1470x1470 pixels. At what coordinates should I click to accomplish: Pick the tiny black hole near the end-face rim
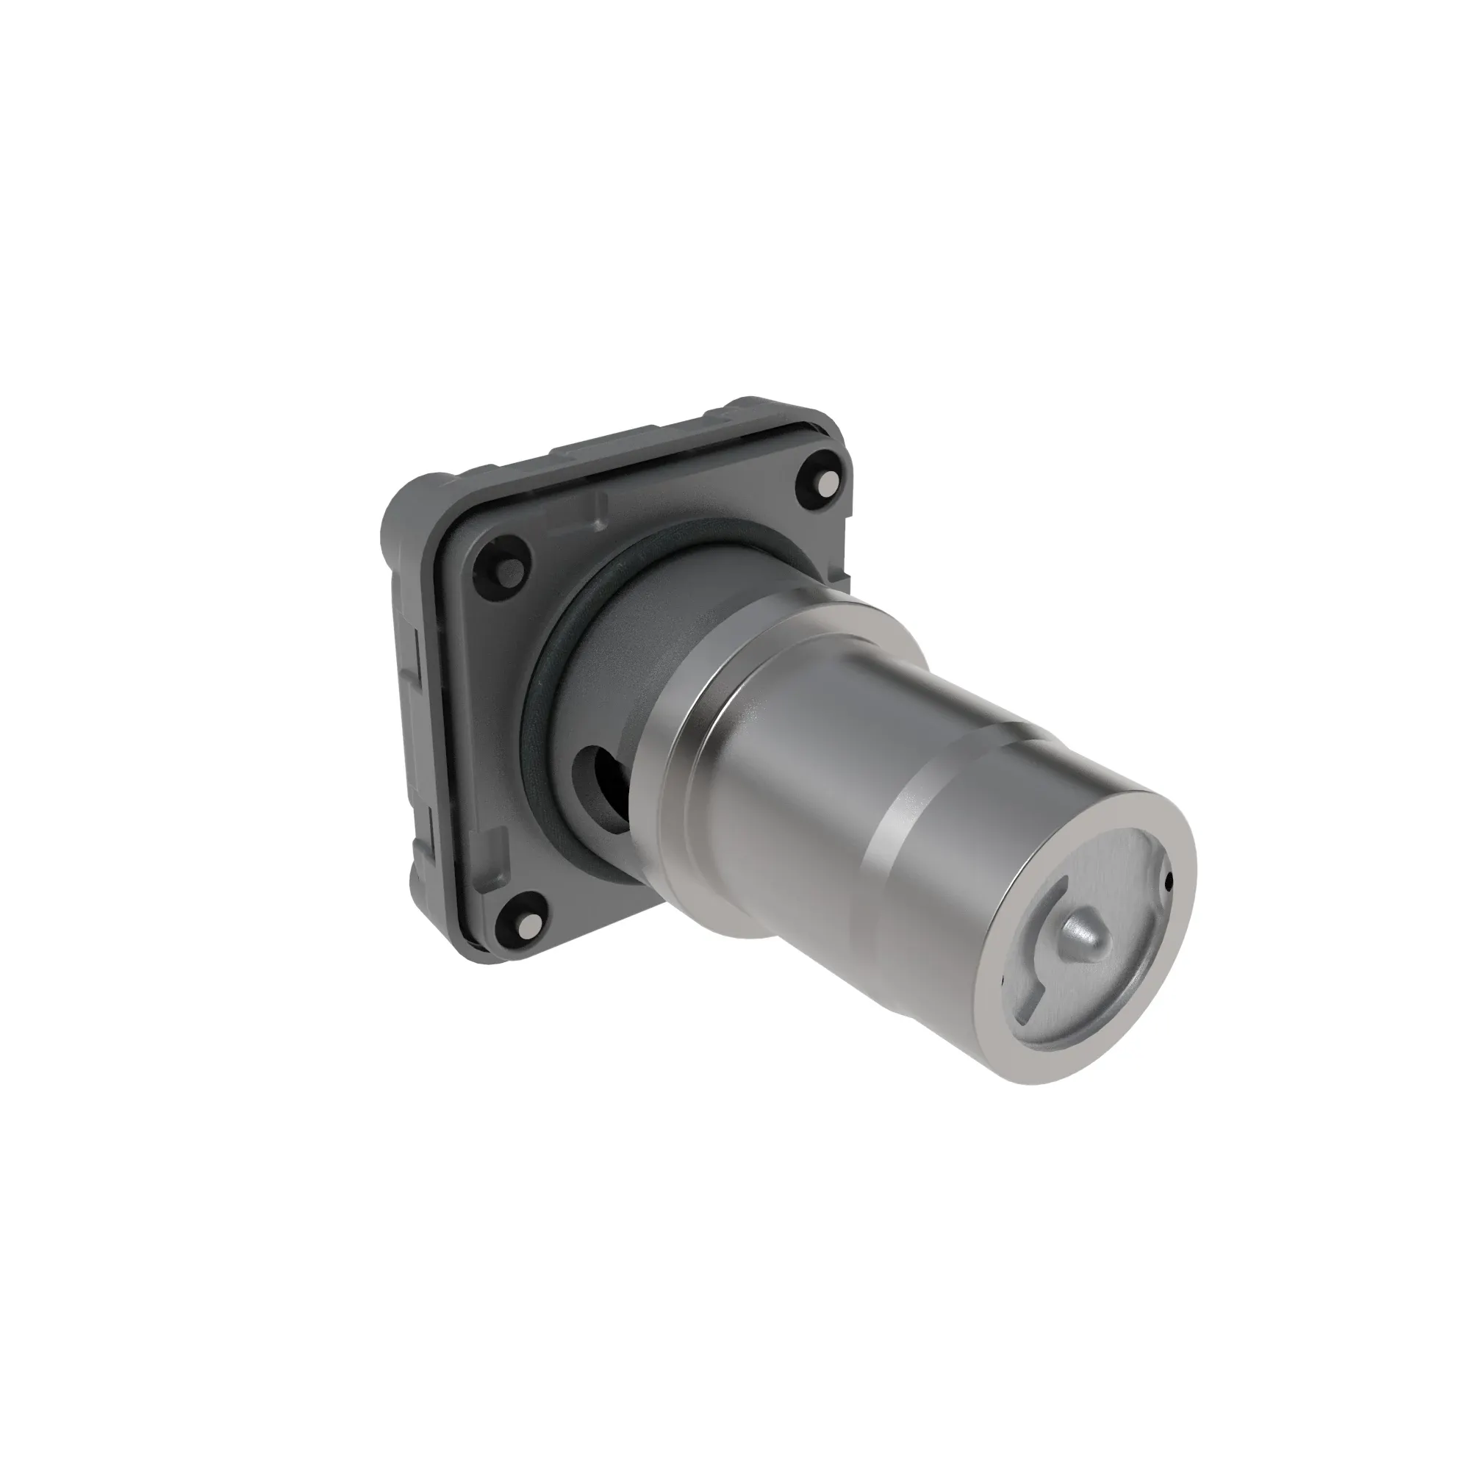tap(1169, 882)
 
